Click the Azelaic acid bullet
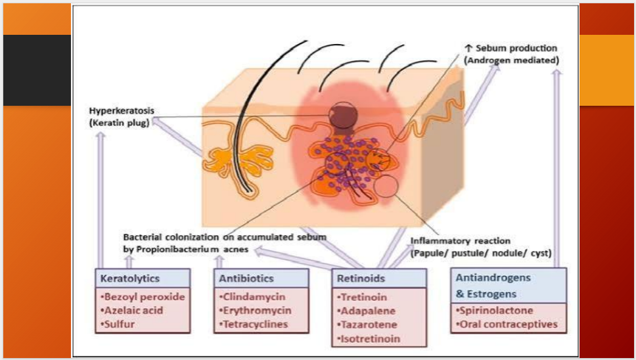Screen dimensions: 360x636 pyautogui.click(x=131, y=310)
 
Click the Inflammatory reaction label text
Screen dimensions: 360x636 pyautogui.click(x=460, y=240)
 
